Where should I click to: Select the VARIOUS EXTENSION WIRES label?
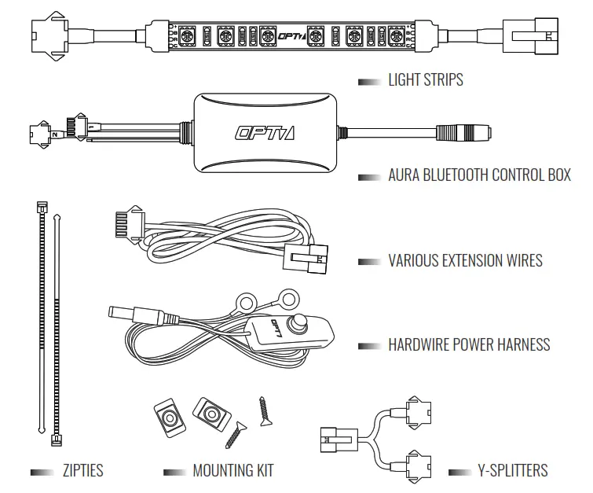(465, 260)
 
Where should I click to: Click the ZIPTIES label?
(82, 471)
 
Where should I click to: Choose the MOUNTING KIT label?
(233, 471)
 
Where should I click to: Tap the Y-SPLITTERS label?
(512, 471)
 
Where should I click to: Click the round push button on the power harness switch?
(299, 322)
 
